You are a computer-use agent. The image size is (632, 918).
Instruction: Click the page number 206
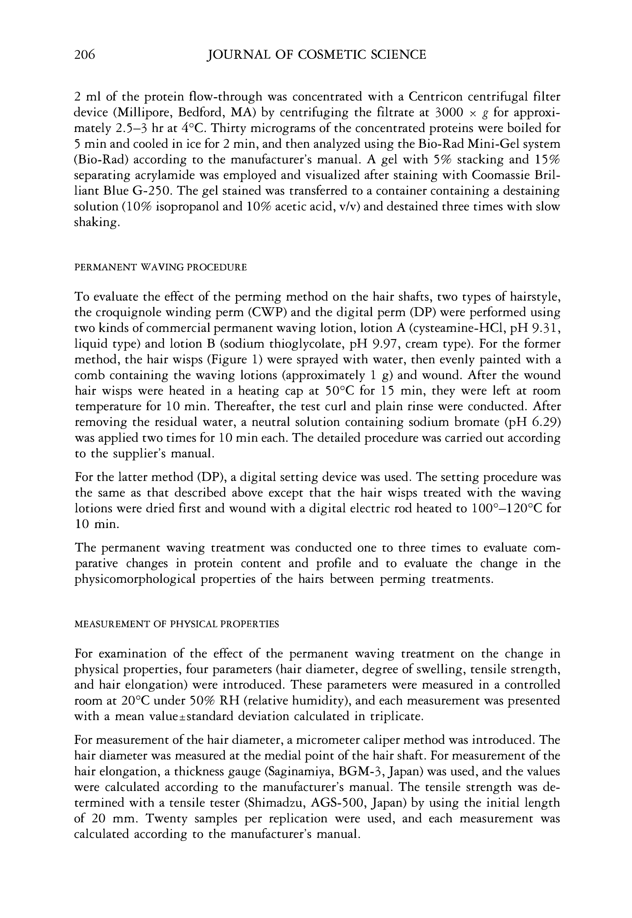coord(85,55)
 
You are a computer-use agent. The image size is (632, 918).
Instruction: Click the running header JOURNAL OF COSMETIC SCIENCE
coord(316,55)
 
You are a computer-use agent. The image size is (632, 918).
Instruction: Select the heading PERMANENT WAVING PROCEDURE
coord(160,268)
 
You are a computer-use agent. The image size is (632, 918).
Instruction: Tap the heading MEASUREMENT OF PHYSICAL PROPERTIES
coord(176,624)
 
